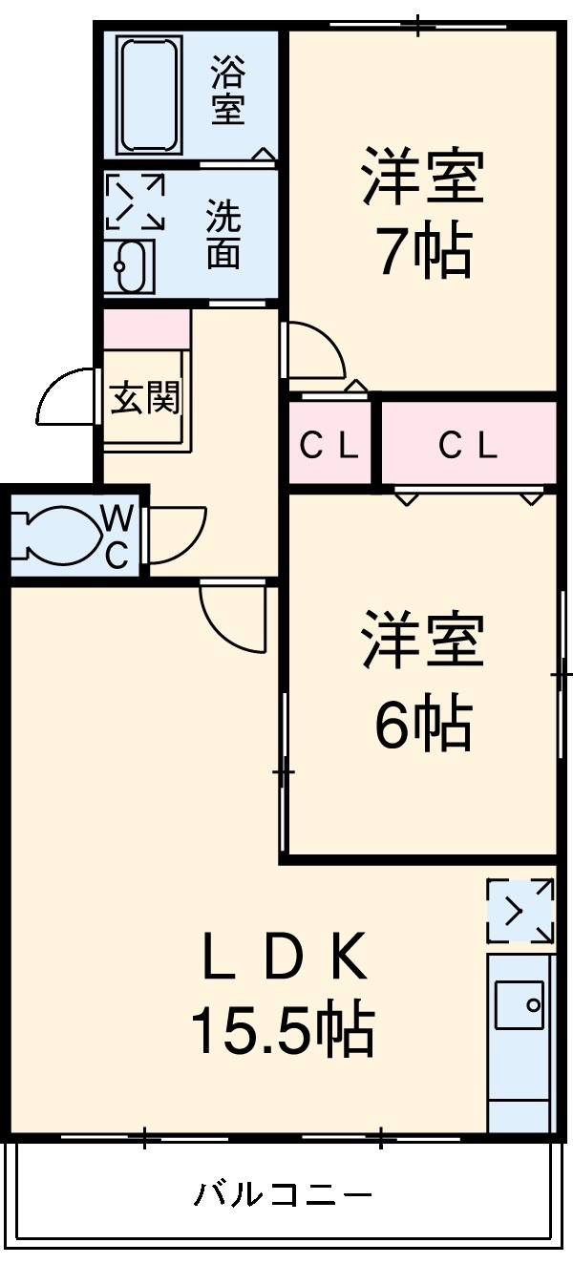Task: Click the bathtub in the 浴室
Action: (149, 94)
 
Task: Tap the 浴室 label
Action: (227, 91)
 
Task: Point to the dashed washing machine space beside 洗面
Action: (135, 201)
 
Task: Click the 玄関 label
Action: (144, 397)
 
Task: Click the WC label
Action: (117, 537)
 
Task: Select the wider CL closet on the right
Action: (468, 444)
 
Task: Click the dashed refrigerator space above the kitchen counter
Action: (520, 912)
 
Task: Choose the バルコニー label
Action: (284, 1194)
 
